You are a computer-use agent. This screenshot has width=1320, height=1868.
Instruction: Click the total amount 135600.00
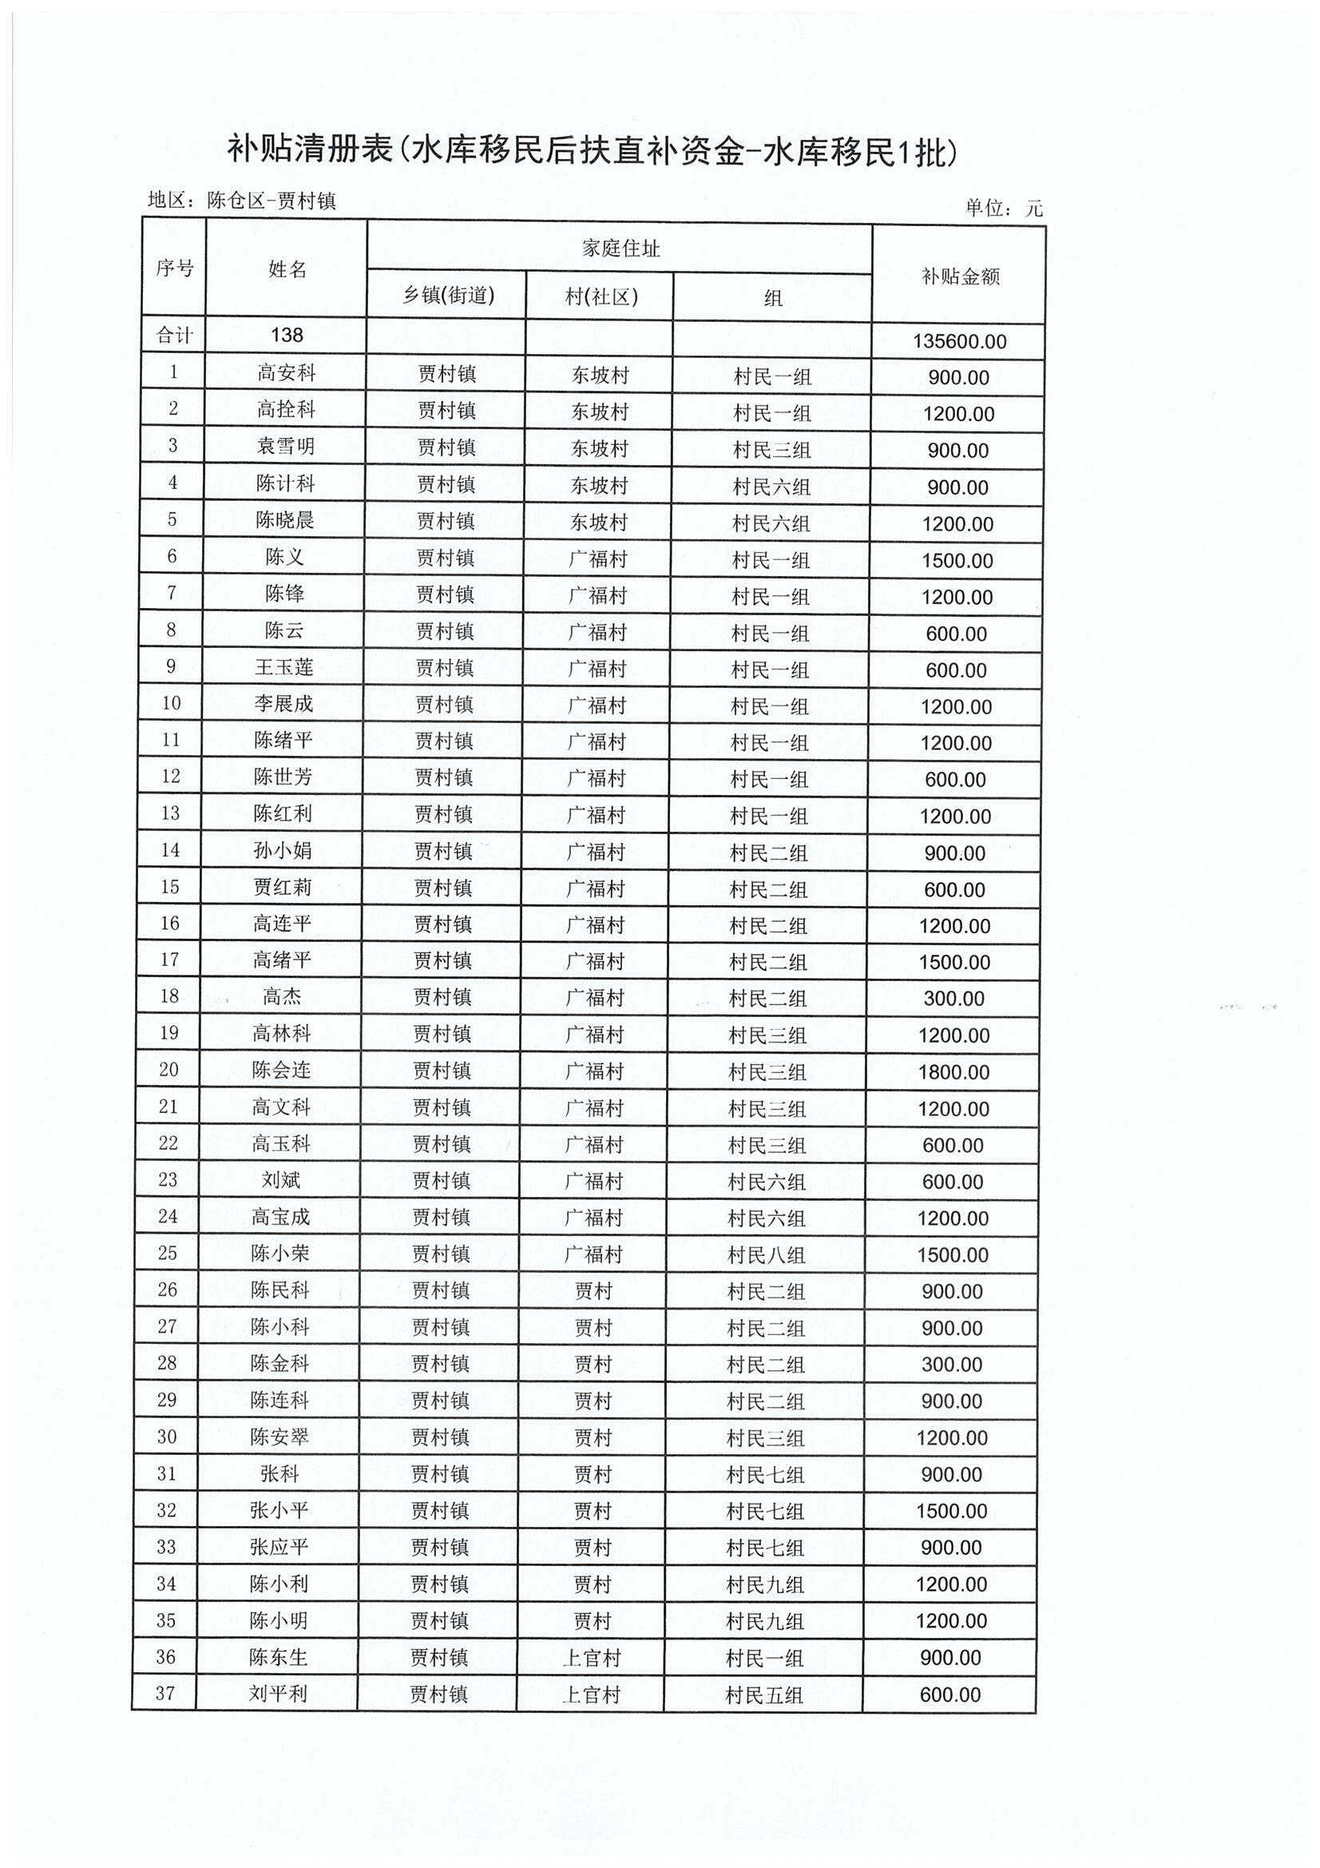click(959, 341)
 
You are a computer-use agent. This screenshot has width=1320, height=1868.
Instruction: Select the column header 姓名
click(287, 269)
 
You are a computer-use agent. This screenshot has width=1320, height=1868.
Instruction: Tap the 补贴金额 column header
click(960, 276)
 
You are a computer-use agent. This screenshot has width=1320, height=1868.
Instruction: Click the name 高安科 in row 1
click(287, 373)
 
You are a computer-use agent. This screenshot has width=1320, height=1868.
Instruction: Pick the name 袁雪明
click(285, 447)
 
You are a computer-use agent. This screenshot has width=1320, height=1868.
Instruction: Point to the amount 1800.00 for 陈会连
click(953, 1072)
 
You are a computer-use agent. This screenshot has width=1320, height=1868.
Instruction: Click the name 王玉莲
click(283, 668)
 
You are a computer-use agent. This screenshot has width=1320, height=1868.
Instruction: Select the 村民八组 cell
click(766, 1255)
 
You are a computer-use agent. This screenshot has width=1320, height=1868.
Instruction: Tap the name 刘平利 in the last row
click(278, 1695)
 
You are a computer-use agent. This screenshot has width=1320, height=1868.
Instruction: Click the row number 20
click(168, 1070)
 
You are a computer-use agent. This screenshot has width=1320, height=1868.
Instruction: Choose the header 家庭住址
click(620, 248)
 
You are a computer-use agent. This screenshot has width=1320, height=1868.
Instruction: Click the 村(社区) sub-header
click(601, 296)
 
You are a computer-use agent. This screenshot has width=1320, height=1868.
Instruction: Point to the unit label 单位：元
click(1004, 209)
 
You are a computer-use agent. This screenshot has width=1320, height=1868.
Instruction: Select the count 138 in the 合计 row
click(287, 336)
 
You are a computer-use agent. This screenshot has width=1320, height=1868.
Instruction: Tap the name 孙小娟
click(282, 851)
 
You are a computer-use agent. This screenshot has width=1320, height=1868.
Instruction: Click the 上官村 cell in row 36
click(591, 1658)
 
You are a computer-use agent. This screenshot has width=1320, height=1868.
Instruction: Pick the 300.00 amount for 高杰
click(953, 999)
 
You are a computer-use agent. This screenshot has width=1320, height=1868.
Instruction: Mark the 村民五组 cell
click(763, 1695)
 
